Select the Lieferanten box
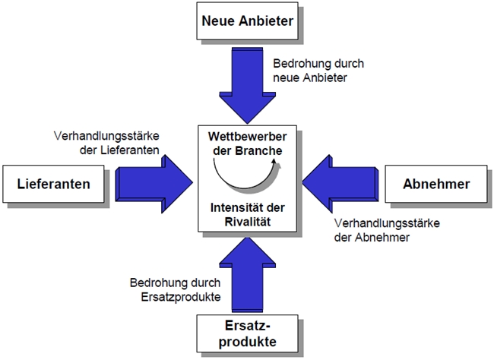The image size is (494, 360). (x=53, y=185)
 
